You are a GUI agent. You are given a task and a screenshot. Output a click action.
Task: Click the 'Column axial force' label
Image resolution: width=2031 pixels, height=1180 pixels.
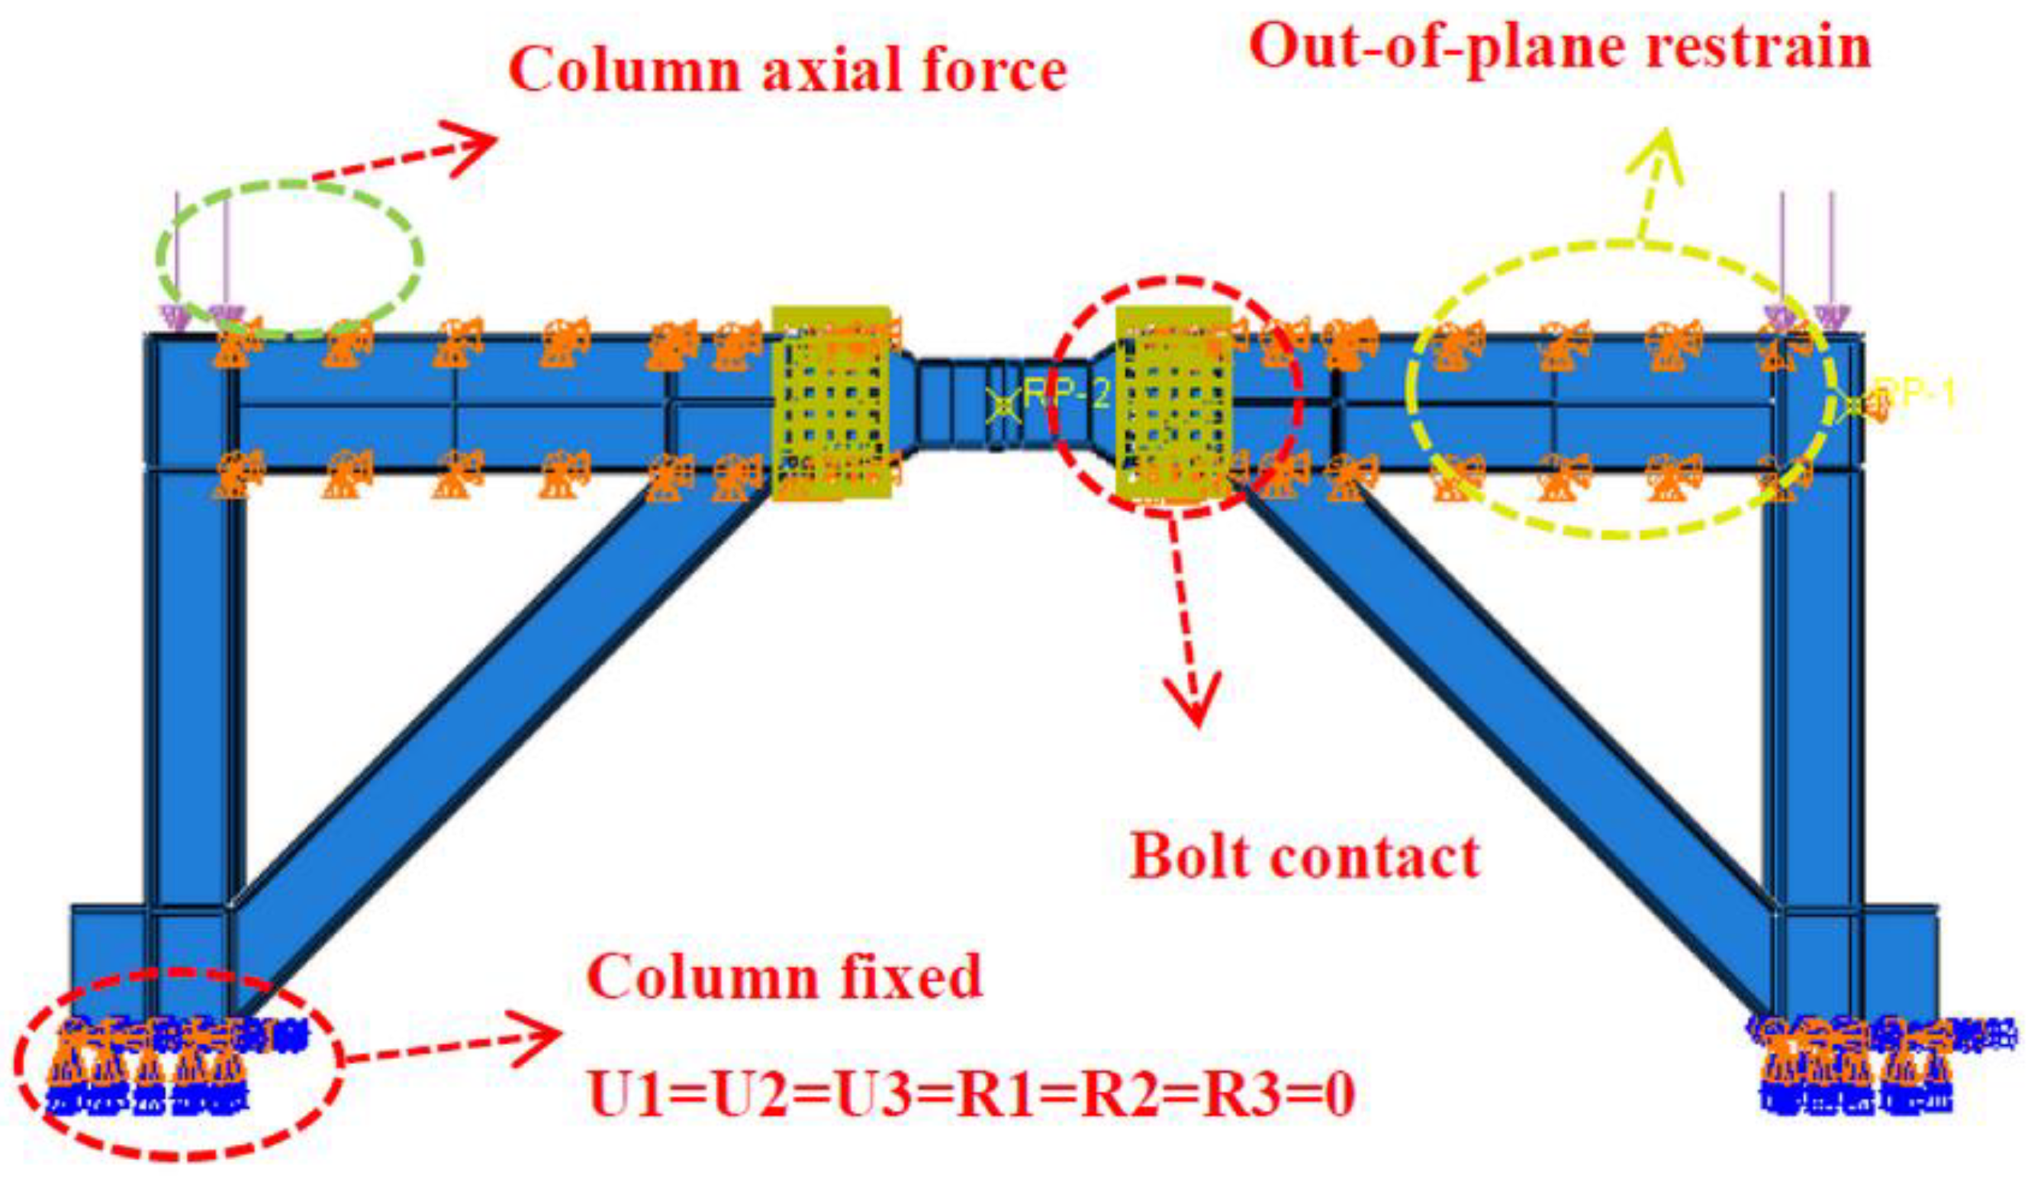pos(787,71)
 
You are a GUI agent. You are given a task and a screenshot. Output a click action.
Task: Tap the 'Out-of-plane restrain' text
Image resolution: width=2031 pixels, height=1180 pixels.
pos(1559,47)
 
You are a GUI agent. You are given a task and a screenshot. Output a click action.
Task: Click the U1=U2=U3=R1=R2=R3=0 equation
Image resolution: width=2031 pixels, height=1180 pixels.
pos(972,1095)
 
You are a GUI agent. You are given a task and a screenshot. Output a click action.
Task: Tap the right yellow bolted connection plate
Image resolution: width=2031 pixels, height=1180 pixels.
pos(1173,403)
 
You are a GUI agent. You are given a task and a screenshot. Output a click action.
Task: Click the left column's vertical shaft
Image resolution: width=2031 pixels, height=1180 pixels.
pos(191,685)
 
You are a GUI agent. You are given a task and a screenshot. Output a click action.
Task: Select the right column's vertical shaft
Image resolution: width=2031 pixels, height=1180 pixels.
pos(1814,685)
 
